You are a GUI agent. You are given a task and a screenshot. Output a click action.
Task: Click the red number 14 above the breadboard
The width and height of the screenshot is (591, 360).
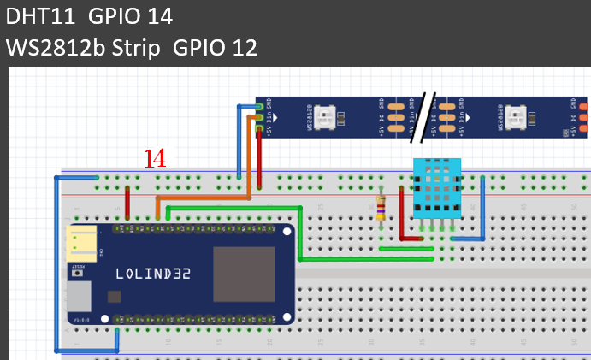coord(155,158)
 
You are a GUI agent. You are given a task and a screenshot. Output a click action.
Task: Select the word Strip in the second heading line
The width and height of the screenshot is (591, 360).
coord(134,47)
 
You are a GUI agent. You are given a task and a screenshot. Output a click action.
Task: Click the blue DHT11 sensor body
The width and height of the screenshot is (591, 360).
coord(436,187)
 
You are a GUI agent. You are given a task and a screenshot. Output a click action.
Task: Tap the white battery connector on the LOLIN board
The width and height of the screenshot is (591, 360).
coord(84,244)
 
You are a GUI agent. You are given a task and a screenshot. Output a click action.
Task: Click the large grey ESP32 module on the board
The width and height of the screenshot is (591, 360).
coord(243,274)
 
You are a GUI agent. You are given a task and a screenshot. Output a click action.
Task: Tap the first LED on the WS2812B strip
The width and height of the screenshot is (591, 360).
coord(327,116)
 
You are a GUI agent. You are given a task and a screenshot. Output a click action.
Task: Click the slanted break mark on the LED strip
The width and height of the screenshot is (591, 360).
coord(423,118)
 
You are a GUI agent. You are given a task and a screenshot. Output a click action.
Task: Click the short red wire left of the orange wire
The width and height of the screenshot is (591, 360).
coord(128,204)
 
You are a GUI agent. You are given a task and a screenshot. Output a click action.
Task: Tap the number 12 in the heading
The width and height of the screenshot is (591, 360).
coord(239,47)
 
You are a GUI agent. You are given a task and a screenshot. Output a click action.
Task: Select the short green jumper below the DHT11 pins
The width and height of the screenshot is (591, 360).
coord(406,249)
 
